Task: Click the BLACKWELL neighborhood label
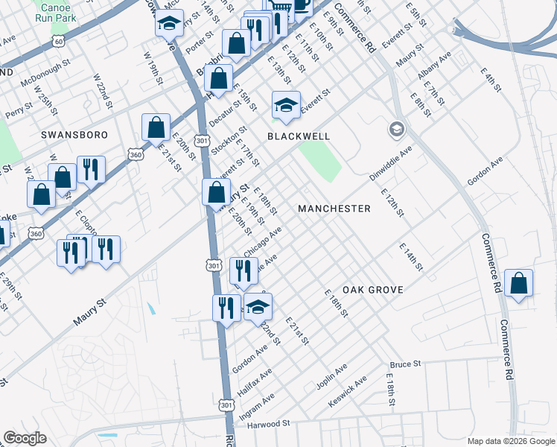point(298,137)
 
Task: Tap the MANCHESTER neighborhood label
point(334,209)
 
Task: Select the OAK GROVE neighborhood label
point(372,290)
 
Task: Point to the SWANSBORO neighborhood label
point(74,135)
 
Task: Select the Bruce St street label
point(405,364)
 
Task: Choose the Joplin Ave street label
point(331,377)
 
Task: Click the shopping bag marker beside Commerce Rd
point(518,284)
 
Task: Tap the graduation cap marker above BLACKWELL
point(285,105)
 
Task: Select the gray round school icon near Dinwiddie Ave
point(396,130)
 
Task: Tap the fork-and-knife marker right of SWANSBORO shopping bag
point(91,170)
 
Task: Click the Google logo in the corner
point(25,438)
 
